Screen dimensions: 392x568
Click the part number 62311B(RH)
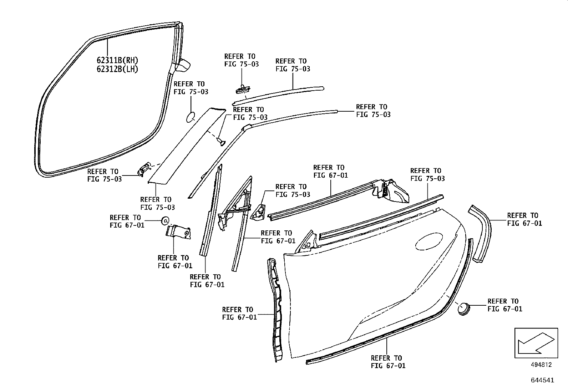117,60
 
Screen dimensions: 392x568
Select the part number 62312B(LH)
117,69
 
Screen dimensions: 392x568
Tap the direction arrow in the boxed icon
535,342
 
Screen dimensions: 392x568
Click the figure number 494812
541,365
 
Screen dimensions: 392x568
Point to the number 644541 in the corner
542,380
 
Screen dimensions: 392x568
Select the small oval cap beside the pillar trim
191,117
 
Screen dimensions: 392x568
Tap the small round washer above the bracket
165,221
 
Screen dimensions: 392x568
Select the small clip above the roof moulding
243,88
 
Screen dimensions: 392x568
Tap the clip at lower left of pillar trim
144,168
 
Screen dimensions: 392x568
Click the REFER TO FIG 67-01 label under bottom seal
388,362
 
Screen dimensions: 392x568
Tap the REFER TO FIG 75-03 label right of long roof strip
373,111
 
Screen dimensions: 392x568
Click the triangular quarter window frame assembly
235,207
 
